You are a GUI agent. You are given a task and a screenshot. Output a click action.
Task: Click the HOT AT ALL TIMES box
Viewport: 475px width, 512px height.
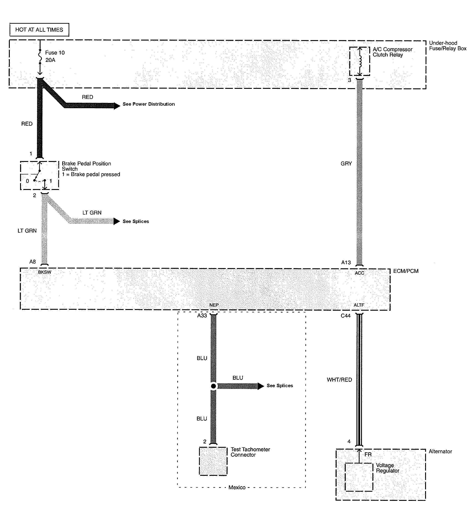click(x=39, y=30)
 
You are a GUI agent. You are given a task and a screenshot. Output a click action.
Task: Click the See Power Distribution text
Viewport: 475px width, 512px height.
click(x=149, y=104)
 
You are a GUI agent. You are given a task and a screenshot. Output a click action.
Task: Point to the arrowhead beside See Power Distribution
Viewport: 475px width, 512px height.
click(x=117, y=106)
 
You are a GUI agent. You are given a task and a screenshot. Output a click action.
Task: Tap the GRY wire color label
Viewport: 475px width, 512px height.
click(x=346, y=164)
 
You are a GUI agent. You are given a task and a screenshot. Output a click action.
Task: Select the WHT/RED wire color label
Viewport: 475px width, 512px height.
click(x=339, y=380)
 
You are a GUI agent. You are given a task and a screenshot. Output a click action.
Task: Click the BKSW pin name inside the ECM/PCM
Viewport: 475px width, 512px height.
click(x=45, y=272)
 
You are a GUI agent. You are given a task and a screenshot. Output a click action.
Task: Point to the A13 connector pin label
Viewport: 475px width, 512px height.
click(x=346, y=262)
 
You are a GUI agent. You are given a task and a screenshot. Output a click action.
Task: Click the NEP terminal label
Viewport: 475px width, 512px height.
click(x=214, y=305)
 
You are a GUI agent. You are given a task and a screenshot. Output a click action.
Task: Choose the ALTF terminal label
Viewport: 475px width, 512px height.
click(x=359, y=305)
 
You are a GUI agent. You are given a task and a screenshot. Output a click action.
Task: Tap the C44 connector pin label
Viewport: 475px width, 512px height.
click(x=346, y=316)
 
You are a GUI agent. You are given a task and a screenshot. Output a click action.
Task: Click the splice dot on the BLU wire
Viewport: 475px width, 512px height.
click(x=213, y=386)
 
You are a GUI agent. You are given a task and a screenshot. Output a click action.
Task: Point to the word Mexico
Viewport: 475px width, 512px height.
click(x=237, y=487)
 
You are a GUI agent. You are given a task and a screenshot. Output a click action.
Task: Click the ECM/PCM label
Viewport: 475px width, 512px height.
click(x=406, y=271)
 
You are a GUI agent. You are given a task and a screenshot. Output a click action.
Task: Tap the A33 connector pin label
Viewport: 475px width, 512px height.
click(x=202, y=315)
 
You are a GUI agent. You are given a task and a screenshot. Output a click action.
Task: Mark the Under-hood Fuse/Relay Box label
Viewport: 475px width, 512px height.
click(x=448, y=46)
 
